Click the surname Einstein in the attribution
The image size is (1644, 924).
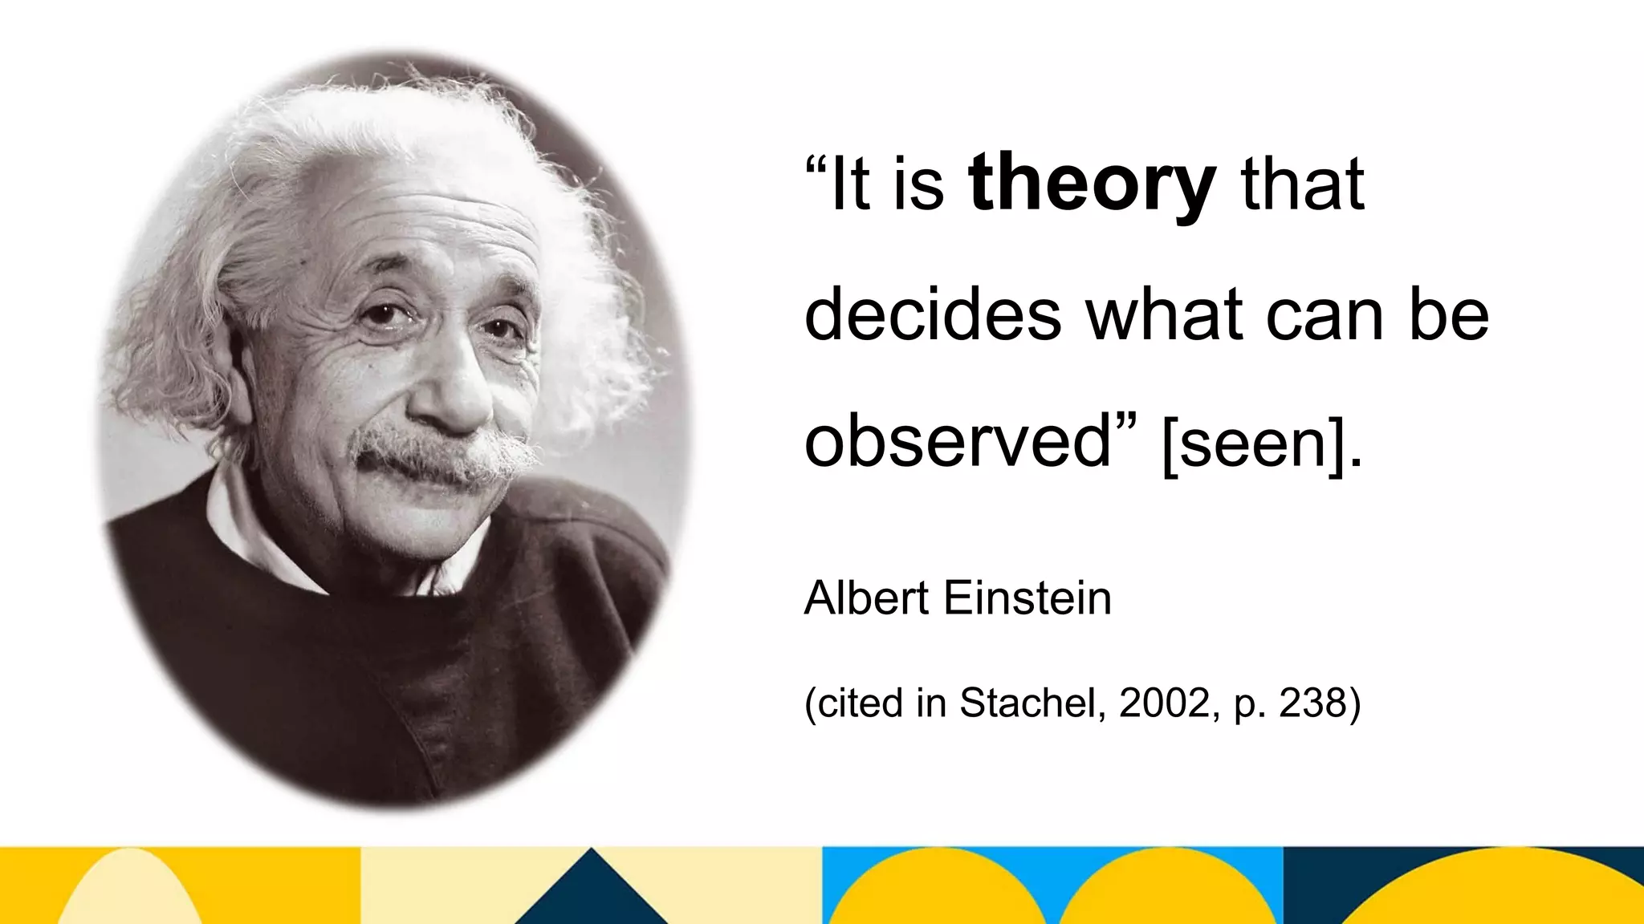tap(1027, 598)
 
